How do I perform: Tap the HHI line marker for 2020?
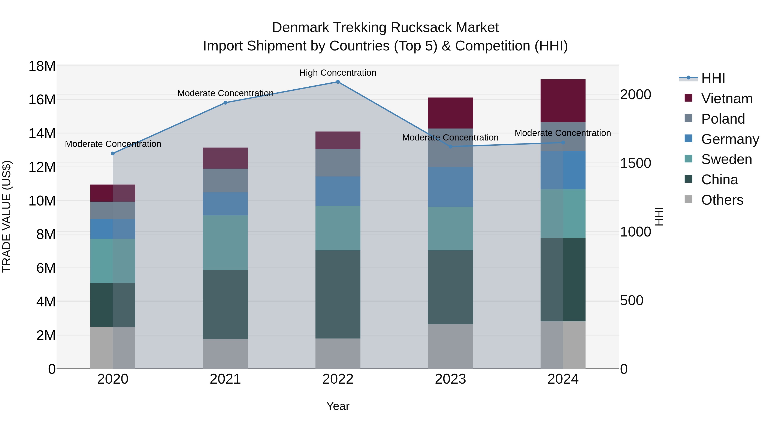(113, 154)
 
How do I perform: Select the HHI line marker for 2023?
(450, 147)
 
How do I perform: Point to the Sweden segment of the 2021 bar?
(225, 243)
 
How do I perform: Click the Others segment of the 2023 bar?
(450, 347)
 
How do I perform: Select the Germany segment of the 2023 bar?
(450, 187)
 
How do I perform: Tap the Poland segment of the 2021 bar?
(225, 180)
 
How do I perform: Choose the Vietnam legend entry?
(727, 99)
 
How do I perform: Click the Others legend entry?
(722, 200)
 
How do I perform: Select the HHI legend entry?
(713, 78)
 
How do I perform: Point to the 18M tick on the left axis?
(42, 66)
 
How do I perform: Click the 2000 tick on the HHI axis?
(635, 95)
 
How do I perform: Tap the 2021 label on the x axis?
(225, 379)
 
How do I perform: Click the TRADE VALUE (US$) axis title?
(7, 216)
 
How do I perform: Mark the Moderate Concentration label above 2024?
(563, 133)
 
